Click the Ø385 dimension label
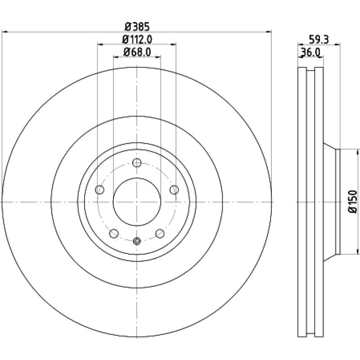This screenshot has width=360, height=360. point(137,27)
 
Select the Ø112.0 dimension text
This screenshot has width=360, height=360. point(137,40)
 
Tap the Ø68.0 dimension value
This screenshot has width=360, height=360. point(137,52)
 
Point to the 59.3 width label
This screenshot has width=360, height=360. point(319,40)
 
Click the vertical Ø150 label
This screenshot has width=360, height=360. point(353,202)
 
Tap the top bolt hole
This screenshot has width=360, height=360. point(137,163)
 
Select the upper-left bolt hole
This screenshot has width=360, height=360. point(99,190)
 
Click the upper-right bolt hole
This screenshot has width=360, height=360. point(174,190)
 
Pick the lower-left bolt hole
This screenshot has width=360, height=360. point(114,234)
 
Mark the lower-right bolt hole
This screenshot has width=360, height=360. point(160,234)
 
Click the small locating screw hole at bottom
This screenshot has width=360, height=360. point(137,241)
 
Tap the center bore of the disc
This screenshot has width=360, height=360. point(137,202)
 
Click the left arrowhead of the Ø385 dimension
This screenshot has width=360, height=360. point(4,32)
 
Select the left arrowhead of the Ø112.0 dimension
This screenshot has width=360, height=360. point(100,44)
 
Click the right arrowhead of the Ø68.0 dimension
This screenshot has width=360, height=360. point(158,57)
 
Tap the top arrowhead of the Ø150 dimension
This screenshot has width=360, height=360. point(358,152)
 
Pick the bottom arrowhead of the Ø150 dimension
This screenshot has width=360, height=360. point(358,251)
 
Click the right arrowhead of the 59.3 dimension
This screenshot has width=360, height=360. point(337,44)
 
